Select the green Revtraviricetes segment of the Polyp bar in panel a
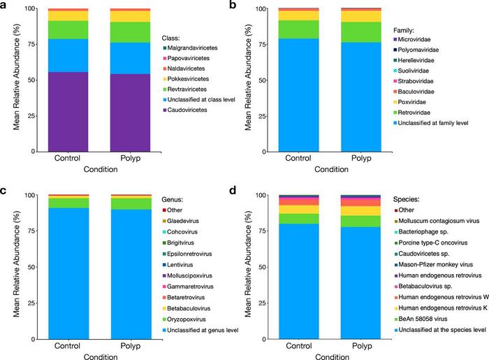[x=131, y=32]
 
